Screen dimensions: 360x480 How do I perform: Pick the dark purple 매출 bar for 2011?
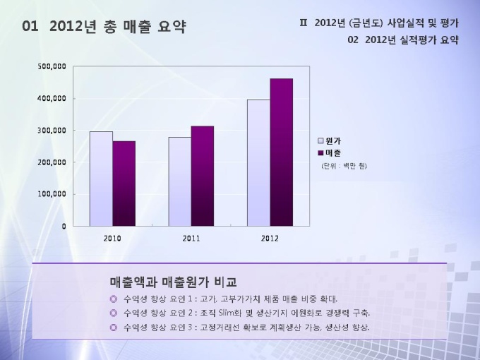click(202, 176)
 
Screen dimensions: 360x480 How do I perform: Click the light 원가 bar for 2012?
click(258, 162)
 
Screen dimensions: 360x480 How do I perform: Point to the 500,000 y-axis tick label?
click(52, 66)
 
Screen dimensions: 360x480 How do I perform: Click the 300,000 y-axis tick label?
click(52, 131)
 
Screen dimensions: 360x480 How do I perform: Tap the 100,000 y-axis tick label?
click(52, 194)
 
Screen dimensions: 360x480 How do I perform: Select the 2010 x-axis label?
click(112, 239)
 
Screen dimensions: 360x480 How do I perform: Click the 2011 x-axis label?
click(191, 239)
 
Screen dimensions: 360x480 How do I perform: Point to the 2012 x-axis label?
click(270, 239)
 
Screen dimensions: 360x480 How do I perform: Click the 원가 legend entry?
click(332, 141)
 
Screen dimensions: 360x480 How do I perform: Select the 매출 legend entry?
click(332, 152)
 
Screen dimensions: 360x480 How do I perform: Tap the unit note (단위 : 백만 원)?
click(344, 166)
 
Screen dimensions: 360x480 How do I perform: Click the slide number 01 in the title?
click(30, 28)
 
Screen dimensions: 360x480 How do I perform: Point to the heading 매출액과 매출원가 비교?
click(174, 282)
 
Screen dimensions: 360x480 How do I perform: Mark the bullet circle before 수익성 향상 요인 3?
click(114, 328)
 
